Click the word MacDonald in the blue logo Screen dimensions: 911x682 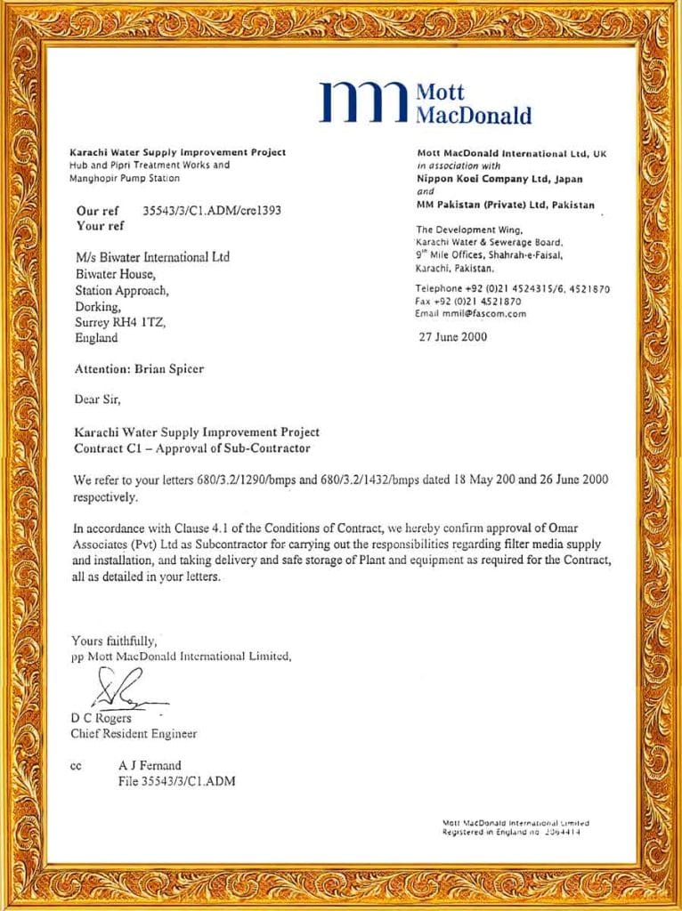474,116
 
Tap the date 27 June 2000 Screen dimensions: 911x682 453,337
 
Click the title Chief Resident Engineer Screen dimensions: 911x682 134,734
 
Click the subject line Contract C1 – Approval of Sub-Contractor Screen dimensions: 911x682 192,447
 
